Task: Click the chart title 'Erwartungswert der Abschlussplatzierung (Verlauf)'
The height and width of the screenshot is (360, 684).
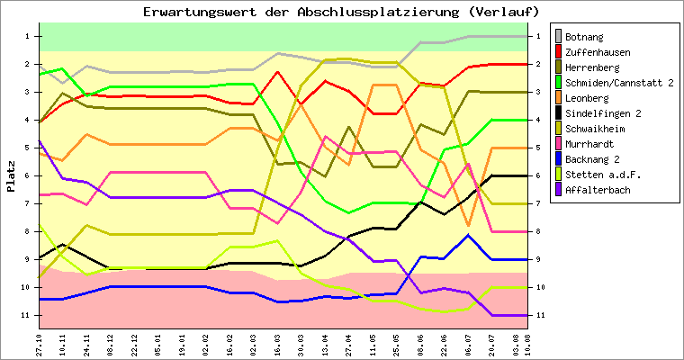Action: click(x=341, y=12)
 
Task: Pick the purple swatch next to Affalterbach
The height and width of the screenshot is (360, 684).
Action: click(x=561, y=190)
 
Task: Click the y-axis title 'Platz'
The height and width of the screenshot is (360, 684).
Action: click(x=11, y=175)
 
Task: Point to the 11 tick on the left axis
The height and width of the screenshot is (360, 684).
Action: click(x=29, y=315)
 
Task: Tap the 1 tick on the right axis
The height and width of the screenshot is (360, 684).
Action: click(x=537, y=36)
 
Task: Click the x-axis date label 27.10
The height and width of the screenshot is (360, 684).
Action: click(x=39, y=342)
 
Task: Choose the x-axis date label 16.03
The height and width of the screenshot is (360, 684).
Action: click(x=280, y=342)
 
